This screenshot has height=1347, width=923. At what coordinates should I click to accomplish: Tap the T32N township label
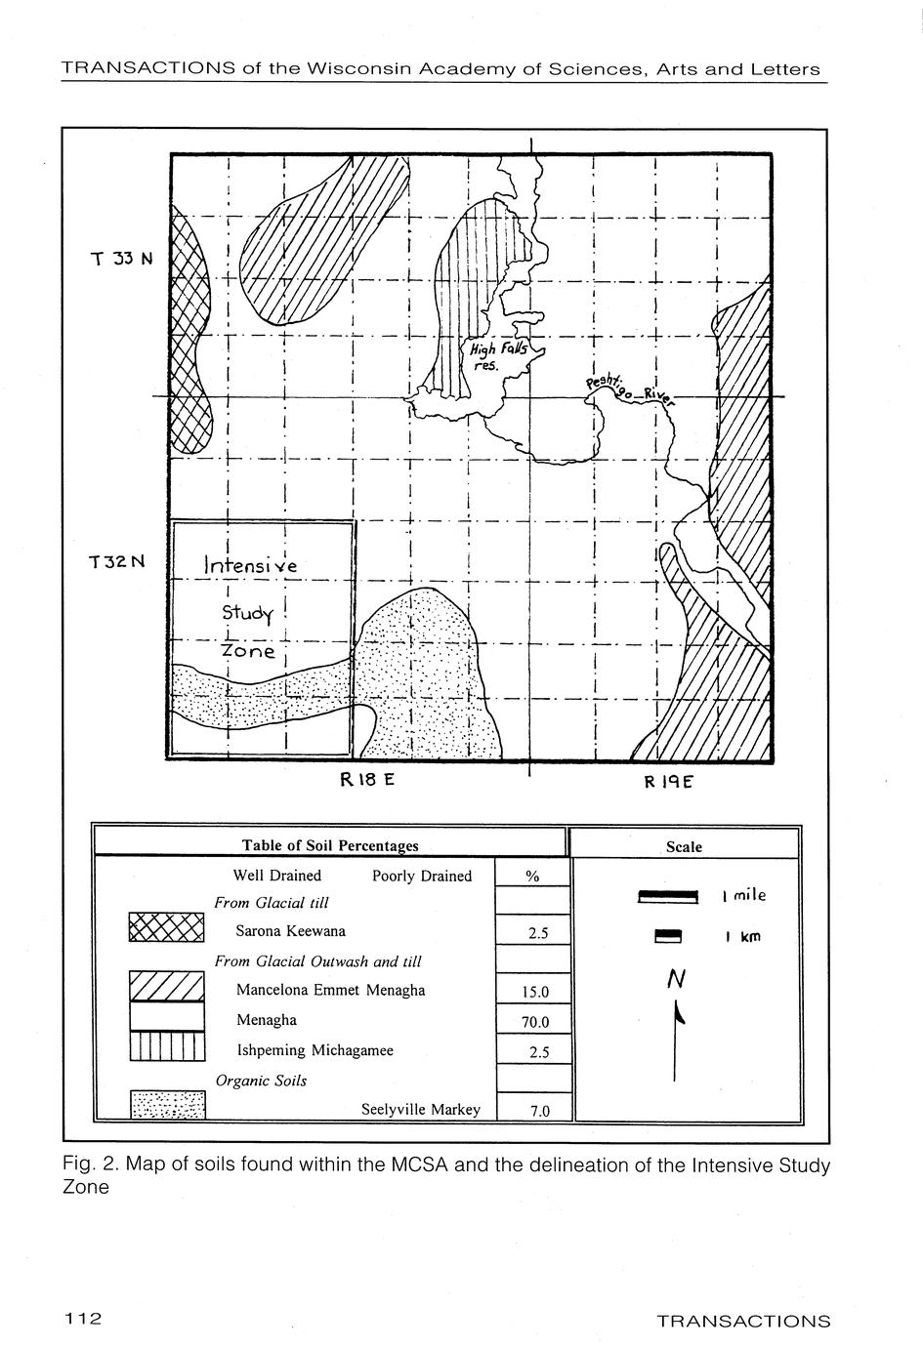[x=116, y=562]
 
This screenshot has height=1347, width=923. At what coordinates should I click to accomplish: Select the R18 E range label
[x=366, y=780]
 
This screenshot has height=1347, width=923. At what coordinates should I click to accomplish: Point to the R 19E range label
[x=668, y=782]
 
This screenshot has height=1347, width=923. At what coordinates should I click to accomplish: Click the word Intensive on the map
[x=250, y=564]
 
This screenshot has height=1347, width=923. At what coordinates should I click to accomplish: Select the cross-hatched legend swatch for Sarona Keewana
[x=166, y=928]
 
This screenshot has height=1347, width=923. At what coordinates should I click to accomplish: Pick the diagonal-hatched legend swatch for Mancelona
[x=166, y=987]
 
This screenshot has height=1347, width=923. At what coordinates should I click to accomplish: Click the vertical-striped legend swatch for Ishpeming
[x=166, y=1046]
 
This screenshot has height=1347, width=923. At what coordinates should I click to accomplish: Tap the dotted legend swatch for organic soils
[x=167, y=1106]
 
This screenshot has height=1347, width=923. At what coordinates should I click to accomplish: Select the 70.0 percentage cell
[x=534, y=1023]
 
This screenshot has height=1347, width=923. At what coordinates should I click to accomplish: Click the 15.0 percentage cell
[x=534, y=993]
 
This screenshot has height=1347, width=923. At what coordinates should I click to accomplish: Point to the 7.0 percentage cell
[x=538, y=1111]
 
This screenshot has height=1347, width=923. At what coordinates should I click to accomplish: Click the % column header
[x=533, y=877]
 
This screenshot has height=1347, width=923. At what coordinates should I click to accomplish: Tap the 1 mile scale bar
[x=667, y=897]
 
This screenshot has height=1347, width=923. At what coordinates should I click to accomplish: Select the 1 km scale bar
[x=667, y=937]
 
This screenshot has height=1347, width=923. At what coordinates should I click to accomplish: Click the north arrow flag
[x=679, y=1016]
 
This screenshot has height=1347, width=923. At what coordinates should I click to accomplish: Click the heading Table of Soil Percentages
[x=330, y=845]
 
